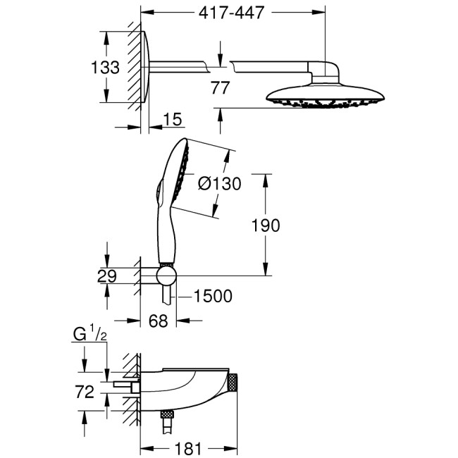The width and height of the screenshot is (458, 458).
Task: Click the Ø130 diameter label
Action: tap(219, 183)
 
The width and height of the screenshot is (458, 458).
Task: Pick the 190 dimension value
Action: tap(266, 225)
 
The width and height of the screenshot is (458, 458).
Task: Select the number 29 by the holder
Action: tap(106, 276)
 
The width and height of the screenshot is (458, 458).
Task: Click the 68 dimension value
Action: tap(159, 321)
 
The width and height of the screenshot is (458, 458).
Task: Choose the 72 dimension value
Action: tap(86, 392)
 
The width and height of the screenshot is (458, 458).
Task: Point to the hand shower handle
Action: tap(163, 233)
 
